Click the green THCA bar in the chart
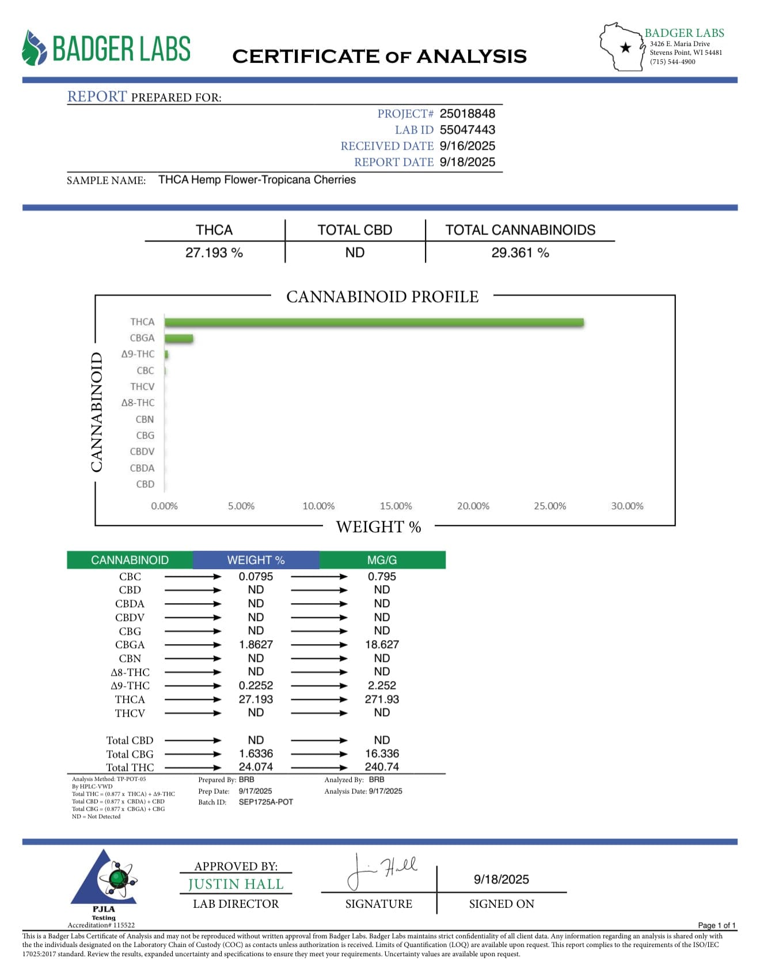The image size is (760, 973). [x=374, y=323]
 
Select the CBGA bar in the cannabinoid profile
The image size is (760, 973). [x=179, y=339]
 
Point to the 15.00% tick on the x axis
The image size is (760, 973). [x=396, y=506]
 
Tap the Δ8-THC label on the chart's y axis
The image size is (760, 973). [x=138, y=403]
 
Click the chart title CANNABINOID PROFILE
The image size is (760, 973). [x=382, y=297]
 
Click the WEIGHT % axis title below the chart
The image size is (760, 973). [x=378, y=527]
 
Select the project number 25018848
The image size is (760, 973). [x=467, y=113]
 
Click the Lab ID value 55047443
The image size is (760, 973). [x=467, y=130]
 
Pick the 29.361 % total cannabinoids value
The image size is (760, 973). [x=520, y=252]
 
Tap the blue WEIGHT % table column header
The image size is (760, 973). [x=256, y=560]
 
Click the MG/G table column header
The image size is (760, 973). [x=382, y=560]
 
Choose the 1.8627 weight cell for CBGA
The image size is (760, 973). [x=256, y=645]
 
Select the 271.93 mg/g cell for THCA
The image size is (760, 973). [x=382, y=699]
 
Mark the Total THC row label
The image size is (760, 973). [x=130, y=767]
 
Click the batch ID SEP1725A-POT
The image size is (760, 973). [x=265, y=802]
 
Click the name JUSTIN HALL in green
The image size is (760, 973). [x=235, y=884]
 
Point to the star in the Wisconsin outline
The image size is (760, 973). [x=625, y=48]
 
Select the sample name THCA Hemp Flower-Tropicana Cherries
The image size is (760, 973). [x=257, y=180]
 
